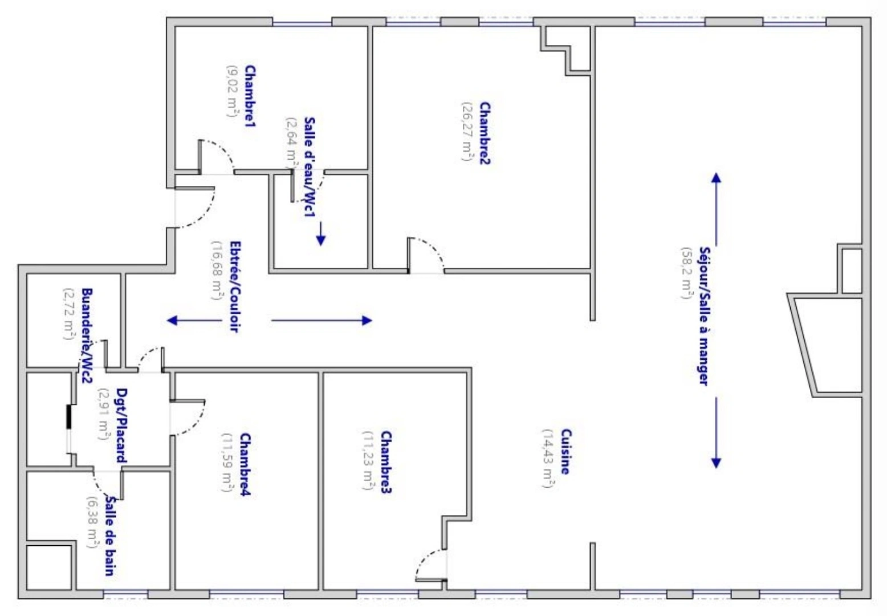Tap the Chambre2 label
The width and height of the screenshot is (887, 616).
(x=485, y=133)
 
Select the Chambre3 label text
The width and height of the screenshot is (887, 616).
(x=386, y=463)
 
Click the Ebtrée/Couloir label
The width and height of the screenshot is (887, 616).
(x=234, y=286)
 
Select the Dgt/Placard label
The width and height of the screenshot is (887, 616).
(x=121, y=425)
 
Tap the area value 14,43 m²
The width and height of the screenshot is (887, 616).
(x=548, y=459)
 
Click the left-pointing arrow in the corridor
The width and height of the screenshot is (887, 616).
(x=194, y=320)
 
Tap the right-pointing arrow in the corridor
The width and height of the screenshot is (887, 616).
(x=322, y=320)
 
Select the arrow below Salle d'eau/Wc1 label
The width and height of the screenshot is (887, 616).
(x=321, y=233)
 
